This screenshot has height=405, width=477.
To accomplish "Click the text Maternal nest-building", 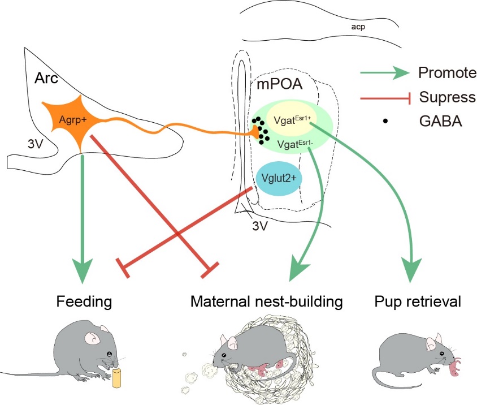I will pyautogui.click(x=266, y=301).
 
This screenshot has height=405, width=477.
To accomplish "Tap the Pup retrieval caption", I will pyautogui.click(x=418, y=301).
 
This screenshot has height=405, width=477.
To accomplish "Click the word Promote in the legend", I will pyautogui.click(x=444, y=73).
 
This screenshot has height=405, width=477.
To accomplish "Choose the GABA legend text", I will pyautogui.click(x=439, y=121).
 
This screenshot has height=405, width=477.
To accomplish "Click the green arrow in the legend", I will pyautogui.click(x=384, y=73).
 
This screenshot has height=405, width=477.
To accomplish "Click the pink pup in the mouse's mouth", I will pyautogui.click(x=456, y=366).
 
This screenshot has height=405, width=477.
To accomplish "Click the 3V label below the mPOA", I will pyautogui.click(x=259, y=227).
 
